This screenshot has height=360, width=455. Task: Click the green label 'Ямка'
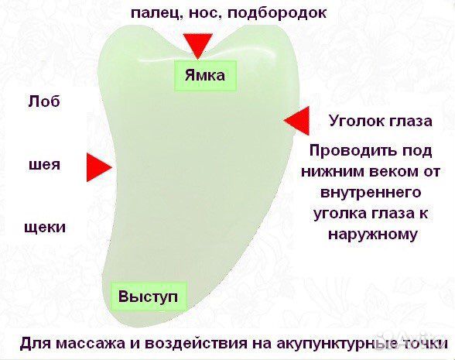click(x=205, y=76)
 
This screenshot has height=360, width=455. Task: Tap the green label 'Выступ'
click(x=149, y=297)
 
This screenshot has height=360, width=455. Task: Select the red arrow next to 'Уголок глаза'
click(x=296, y=121)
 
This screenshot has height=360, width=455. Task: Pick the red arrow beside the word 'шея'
click(x=98, y=166)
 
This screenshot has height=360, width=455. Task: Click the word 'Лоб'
click(x=43, y=101)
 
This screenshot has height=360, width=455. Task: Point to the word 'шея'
click(x=44, y=165)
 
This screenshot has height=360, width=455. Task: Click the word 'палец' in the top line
click(x=152, y=13)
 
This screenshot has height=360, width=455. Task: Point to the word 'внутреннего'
click(x=368, y=191)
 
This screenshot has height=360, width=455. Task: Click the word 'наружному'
click(x=368, y=233)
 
